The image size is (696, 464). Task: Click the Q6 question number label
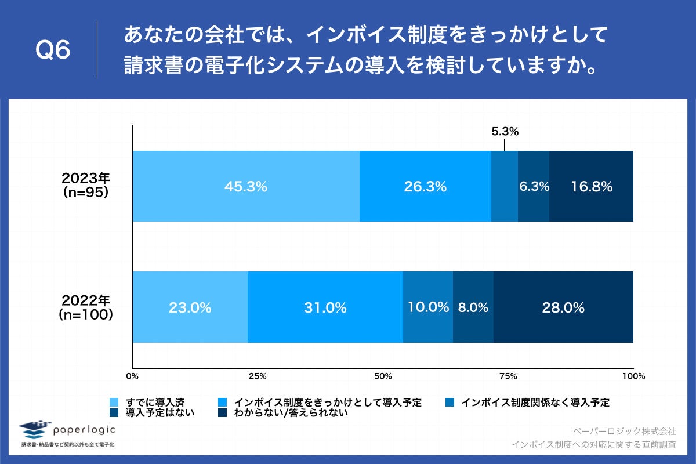point(53,51)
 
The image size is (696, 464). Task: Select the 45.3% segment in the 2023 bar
point(246,186)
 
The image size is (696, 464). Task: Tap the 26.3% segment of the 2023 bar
point(425,186)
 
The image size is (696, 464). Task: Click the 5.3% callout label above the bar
point(505,132)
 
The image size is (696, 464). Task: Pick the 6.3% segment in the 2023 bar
point(534,186)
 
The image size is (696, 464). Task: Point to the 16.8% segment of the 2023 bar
point(591,186)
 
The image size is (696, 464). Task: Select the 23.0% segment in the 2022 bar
point(190,307)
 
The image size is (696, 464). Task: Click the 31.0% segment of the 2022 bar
point(325,307)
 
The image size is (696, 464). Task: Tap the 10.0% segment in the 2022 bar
point(428,307)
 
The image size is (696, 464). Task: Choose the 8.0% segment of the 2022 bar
point(473,307)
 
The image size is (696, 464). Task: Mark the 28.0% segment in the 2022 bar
point(563,307)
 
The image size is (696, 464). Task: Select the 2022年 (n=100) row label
point(86,307)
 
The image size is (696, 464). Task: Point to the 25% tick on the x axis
point(258,376)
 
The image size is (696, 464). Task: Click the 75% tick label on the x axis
point(508,376)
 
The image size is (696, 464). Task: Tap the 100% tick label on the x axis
point(633,376)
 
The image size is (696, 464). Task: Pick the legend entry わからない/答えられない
point(290,413)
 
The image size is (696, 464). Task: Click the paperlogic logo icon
point(33,430)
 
